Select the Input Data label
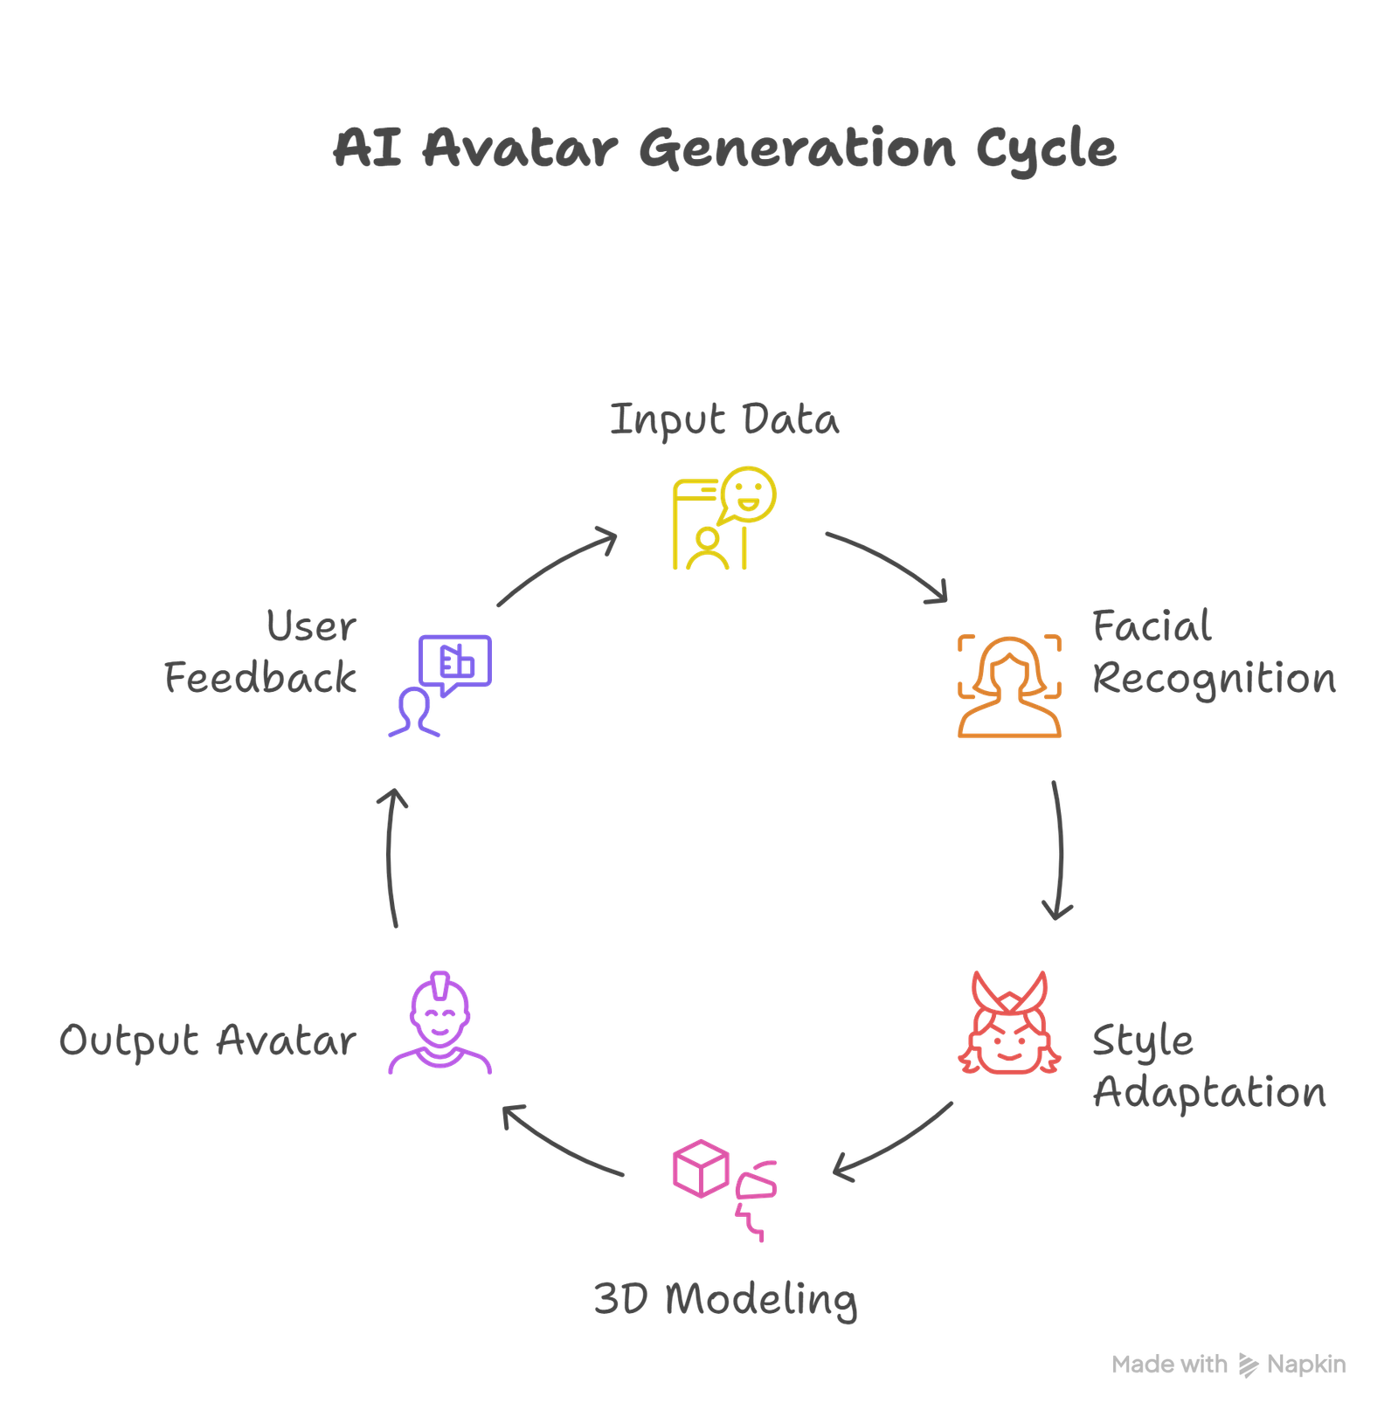pyautogui.click(x=724, y=420)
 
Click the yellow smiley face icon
pyautogui.click(x=749, y=494)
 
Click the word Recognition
pyautogui.click(x=1215, y=680)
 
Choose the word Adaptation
pyautogui.click(x=1210, y=1094)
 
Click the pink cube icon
pyautogui.click(x=701, y=1168)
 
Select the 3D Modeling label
pyautogui.click(x=725, y=1299)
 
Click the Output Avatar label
pyautogui.click(x=208, y=1040)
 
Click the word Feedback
pyautogui.click(x=260, y=679)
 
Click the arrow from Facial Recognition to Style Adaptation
pyautogui.click(x=1060, y=847)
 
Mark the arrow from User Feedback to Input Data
pyautogui.click(x=557, y=565)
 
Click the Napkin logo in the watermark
pyautogui.click(x=1249, y=1365)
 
